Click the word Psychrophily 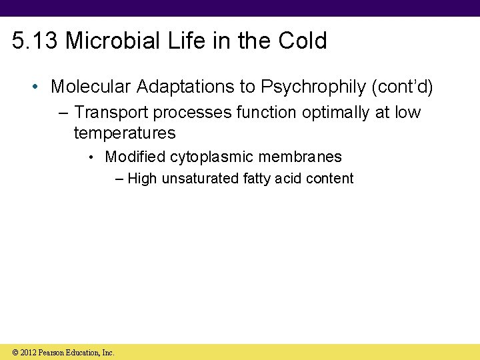313,87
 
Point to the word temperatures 125,133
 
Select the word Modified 135,157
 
